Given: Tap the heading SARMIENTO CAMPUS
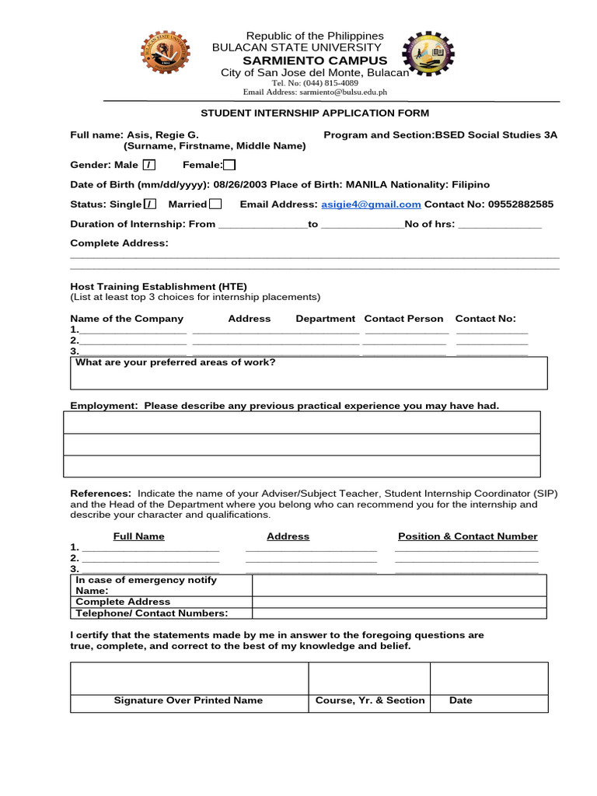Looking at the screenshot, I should click(x=315, y=61).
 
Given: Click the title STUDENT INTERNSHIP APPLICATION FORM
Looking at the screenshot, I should click(x=315, y=113).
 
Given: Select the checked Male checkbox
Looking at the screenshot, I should click(x=149, y=165).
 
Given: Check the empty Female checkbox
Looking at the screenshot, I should click(x=229, y=165).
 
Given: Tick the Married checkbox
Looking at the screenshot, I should click(x=215, y=204).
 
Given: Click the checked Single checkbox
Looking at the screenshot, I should click(x=150, y=204).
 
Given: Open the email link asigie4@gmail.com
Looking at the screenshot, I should click(x=371, y=204).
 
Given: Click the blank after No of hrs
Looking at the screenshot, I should click(x=500, y=225).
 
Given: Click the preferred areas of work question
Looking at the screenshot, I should click(x=176, y=362).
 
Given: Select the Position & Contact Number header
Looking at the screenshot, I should click(x=467, y=536).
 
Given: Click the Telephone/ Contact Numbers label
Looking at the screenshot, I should click(x=152, y=613).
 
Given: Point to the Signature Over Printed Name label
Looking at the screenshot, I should click(x=188, y=700).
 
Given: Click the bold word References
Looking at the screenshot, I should click(x=100, y=494).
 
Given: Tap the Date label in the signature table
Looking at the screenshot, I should click(x=460, y=700).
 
